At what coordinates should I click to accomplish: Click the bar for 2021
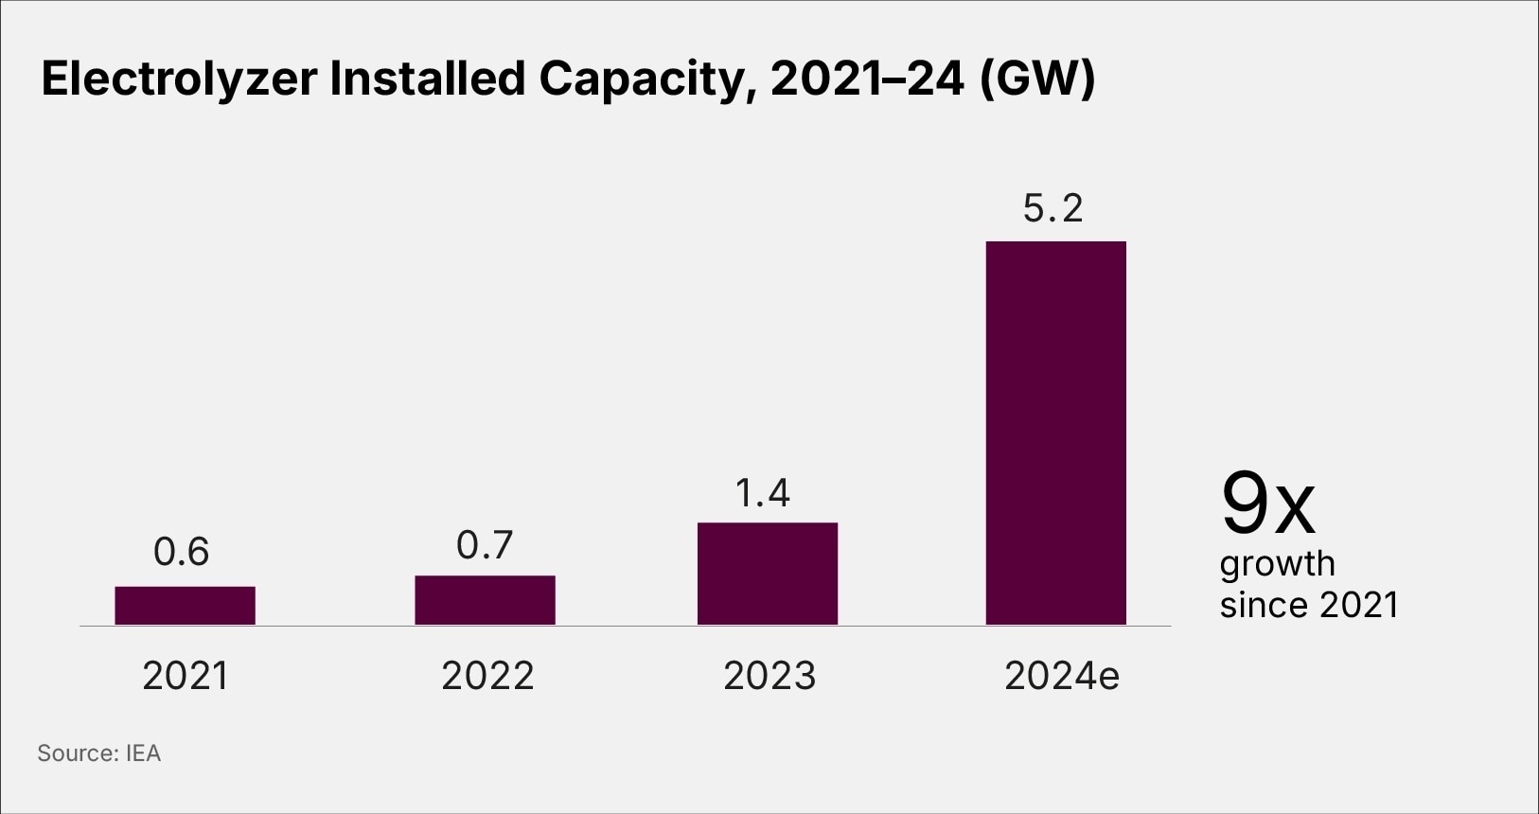tap(185, 606)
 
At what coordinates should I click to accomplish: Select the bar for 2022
tap(485, 600)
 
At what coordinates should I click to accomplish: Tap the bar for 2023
tap(768, 574)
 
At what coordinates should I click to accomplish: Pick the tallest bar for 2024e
tap(1055, 433)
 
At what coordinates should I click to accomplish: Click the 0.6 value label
tap(181, 552)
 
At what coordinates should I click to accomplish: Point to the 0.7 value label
tap(485, 545)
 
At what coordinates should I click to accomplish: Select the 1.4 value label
tap(763, 493)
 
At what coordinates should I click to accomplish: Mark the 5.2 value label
tap(1053, 208)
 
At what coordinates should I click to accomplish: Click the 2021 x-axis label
tap(185, 676)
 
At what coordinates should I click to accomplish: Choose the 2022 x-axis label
tap(487, 676)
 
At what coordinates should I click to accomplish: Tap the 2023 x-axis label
tap(769, 676)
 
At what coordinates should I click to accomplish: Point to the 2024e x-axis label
tap(1061, 676)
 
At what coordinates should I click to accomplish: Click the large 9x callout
tap(1267, 504)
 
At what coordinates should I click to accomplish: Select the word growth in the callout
tap(1277, 564)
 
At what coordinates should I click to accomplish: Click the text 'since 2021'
tap(1308, 605)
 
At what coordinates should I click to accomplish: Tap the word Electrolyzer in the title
tap(179, 79)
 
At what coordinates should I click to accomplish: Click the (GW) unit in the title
tap(1036, 79)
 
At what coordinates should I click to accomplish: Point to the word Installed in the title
tap(427, 79)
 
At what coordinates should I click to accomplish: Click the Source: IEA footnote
tap(99, 753)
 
